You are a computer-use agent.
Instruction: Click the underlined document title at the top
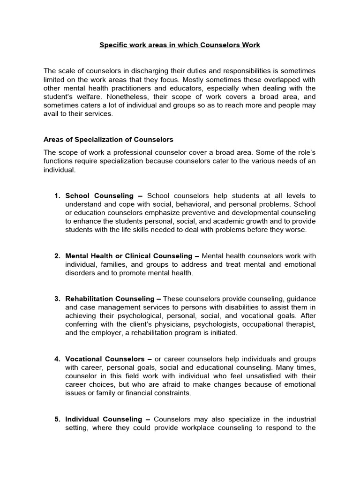[180, 45]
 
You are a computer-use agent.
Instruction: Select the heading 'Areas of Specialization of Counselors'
[108, 139]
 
